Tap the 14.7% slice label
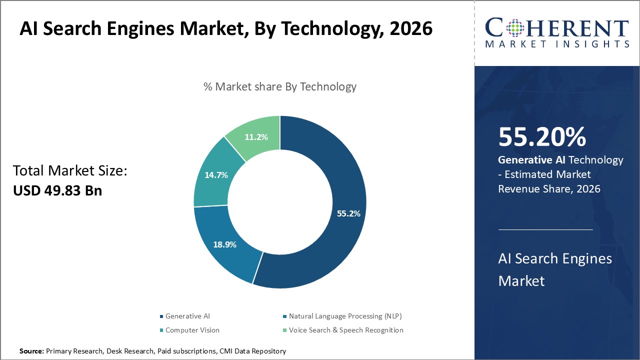[216, 175]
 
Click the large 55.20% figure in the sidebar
[542, 137]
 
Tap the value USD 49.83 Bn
[57, 190]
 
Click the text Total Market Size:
[70, 171]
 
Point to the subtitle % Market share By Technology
[280, 86]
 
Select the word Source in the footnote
[31, 351]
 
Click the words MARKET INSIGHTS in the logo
[556, 44]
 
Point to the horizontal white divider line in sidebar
[545, 229]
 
